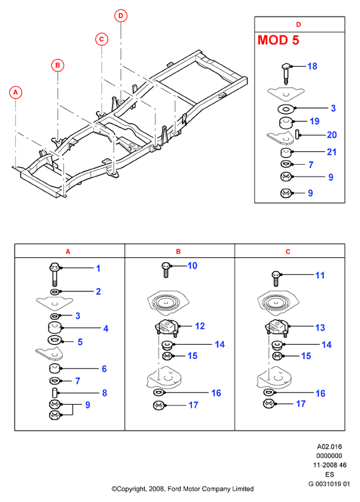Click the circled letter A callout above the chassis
(15, 93)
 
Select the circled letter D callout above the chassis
(121, 16)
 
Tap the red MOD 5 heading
(278, 40)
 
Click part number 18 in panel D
(312, 66)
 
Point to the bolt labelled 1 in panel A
(55, 274)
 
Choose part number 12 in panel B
(200, 326)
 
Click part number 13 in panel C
(320, 327)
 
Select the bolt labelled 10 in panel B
(165, 269)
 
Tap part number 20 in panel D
(331, 135)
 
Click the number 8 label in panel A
(105, 393)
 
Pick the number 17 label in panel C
(301, 404)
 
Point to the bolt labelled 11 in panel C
(275, 278)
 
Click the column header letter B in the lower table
(179, 251)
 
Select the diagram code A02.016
(329, 447)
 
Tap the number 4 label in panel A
(106, 329)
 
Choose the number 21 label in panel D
(331, 152)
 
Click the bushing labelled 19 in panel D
(285, 123)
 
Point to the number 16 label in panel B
(216, 393)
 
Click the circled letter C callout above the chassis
(101, 39)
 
